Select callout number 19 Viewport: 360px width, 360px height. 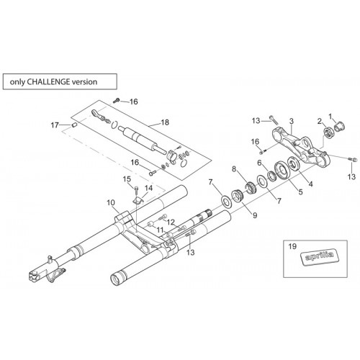coord(292,246)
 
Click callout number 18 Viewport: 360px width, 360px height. coord(165,122)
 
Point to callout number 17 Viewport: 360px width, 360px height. coord(55,125)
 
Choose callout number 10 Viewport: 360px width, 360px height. coord(111,203)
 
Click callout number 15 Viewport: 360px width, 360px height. coord(127,179)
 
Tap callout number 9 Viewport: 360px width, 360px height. coord(255,215)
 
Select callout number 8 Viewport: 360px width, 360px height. coord(234,169)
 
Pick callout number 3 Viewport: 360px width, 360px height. coord(292,121)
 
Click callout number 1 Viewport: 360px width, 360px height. coord(330,117)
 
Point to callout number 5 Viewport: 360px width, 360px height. coord(300,192)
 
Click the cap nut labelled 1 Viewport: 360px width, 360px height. coord(339,127)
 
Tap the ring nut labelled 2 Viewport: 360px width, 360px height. coord(328,132)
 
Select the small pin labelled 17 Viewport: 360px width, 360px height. coord(74,125)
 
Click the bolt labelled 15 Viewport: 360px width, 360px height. coord(136,189)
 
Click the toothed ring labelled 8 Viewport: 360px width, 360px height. coord(251,188)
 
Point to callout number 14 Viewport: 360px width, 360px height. coord(148,188)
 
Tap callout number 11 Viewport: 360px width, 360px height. coord(160,230)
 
